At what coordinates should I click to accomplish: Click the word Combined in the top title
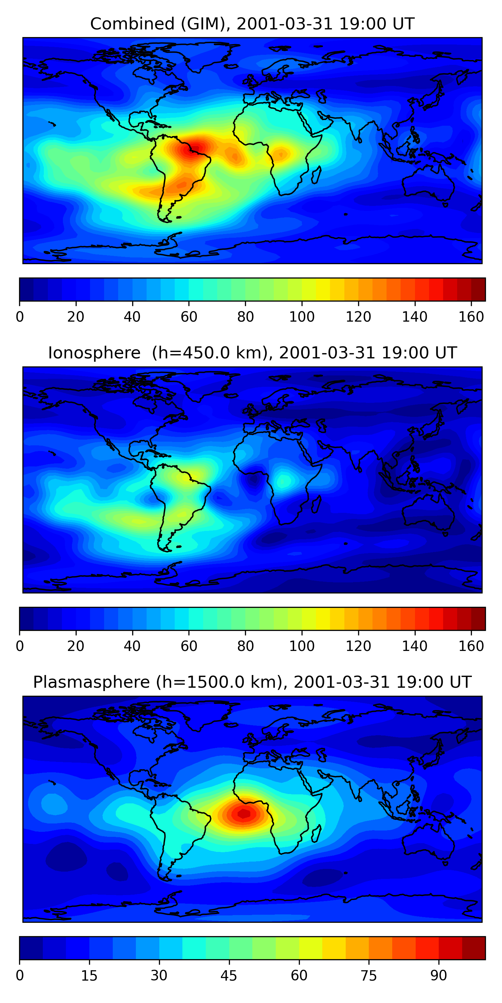(x=132, y=24)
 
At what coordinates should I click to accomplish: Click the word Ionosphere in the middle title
(x=94, y=353)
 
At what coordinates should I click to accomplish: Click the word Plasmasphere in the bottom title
(x=91, y=682)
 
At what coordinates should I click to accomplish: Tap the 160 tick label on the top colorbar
(x=471, y=317)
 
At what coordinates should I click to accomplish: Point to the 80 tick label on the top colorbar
(x=245, y=317)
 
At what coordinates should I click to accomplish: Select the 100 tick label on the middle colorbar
(x=302, y=646)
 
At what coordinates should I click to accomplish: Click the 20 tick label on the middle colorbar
(x=76, y=646)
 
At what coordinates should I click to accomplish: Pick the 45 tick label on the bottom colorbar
(x=229, y=975)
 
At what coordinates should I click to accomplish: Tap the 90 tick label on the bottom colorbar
(x=438, y=975)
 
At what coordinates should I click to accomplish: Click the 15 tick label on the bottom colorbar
(x=89, y=975)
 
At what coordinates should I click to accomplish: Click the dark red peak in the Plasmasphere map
(x=244, y=813)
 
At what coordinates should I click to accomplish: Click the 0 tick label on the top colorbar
(x=20, y=317)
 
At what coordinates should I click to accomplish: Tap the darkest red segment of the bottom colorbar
(x=474, y=948)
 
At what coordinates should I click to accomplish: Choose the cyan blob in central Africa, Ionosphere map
(x=284, y=480)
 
